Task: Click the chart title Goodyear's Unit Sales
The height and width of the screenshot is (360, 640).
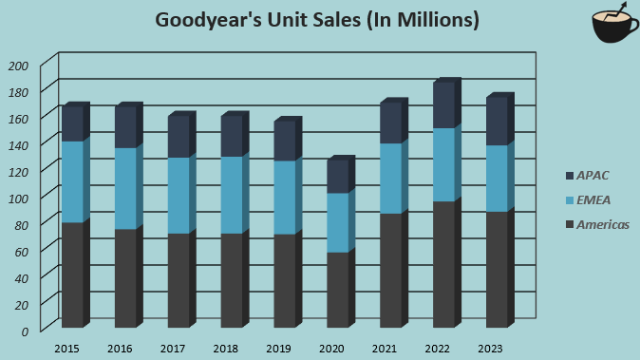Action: (x=317, y=20)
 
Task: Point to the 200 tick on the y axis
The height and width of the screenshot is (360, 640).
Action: (x=19, y=66)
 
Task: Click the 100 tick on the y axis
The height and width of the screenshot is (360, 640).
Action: (x=19, y=197)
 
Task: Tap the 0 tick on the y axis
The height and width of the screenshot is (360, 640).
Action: (x=26, y=330)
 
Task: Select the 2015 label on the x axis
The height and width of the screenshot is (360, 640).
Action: (x=66, y=350)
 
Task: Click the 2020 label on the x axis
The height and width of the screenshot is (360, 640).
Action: (x=331, y=350)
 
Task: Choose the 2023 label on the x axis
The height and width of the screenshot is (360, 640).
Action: (x=490, y=350)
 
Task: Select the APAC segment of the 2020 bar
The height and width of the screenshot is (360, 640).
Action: (x=336, y=177)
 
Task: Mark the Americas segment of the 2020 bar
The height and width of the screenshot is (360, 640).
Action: (x=336, y=290)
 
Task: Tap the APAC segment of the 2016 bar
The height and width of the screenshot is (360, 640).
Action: (x=125, y=127)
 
